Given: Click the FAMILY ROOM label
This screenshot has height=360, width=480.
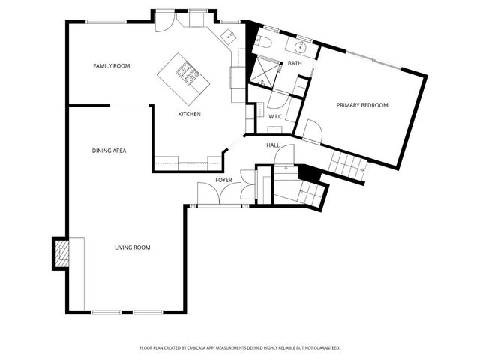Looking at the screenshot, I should (112, 66).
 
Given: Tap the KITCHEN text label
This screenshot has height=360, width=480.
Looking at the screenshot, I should (189, 114).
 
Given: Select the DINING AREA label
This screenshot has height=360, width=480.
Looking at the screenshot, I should (109, 151).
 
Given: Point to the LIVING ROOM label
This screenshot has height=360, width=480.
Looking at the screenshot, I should (133, 247).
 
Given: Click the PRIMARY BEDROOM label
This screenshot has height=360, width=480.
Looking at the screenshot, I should (362, 105).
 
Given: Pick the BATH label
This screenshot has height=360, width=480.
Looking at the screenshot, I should (295, 63).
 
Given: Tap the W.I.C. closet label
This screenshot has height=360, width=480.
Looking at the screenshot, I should (275, 117).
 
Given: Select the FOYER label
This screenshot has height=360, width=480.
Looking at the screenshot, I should (224, 180).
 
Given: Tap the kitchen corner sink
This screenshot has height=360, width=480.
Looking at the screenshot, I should (229, 35).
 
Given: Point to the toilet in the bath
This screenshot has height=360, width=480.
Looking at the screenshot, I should (262, 42).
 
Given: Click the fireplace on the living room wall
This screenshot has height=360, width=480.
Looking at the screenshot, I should (61, 253).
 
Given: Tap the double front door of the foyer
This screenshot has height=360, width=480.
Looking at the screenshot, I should (211, 193).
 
